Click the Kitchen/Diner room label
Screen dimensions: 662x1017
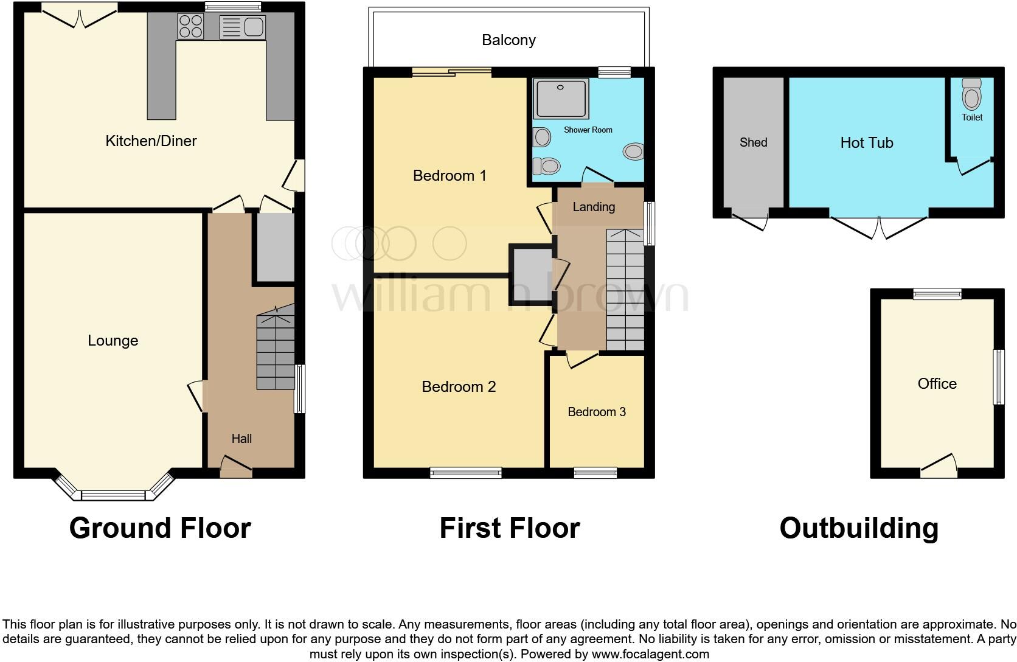tap(151, 141)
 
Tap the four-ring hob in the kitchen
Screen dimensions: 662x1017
tap(190, 26)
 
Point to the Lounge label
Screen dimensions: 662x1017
tap(113, 341)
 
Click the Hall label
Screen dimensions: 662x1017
tap(241, 439)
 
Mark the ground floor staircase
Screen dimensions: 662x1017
tap(276, 350)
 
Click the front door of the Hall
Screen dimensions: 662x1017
tap(235, 467)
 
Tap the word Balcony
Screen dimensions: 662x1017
tap(508, 40)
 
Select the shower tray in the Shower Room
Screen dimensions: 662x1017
tap(560, 98)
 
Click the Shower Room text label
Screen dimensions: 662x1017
tap(588, 130)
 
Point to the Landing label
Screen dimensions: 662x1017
tap(594, 207)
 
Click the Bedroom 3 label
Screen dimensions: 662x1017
tap(596, 412)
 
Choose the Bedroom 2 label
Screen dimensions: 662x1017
tap(459, 387)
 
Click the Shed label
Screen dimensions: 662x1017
tap(753, 142)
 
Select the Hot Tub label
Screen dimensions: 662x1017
tap(866, 143)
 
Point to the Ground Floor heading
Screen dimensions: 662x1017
tap(160, 528)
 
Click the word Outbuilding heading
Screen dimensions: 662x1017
tap(859, 528)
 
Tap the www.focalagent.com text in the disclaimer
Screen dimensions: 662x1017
tap(650, 655)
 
